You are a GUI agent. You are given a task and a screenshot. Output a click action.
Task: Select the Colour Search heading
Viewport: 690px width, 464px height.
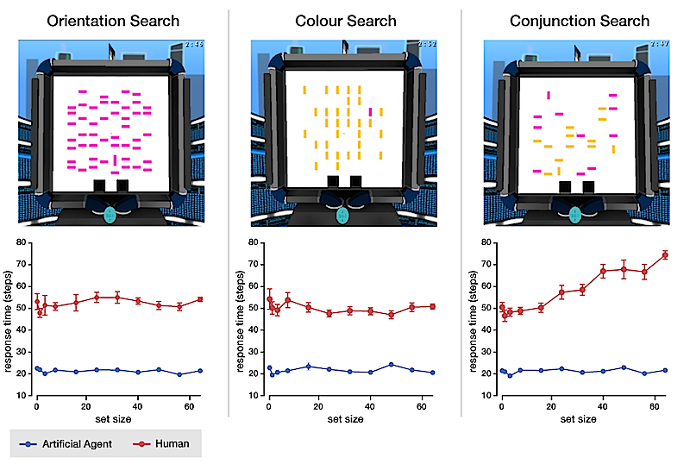345,20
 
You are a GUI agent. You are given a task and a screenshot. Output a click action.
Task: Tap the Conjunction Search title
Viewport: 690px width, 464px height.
579,20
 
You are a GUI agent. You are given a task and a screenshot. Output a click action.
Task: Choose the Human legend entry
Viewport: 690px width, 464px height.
164,443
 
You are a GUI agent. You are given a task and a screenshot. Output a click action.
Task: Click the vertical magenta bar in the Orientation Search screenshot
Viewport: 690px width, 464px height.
115,160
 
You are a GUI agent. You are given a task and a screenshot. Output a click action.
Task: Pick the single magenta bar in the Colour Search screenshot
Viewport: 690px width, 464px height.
371,111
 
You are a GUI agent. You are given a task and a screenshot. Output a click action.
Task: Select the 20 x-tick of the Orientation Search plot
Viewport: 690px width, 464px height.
86,406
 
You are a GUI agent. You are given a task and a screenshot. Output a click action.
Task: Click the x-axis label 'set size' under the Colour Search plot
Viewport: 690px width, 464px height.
345,418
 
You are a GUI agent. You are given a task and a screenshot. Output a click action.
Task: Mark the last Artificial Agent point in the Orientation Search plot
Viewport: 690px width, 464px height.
200,371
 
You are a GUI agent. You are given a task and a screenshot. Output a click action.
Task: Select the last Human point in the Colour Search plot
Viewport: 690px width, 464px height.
433,306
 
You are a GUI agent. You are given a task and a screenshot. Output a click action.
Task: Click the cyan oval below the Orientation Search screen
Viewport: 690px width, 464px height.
111,213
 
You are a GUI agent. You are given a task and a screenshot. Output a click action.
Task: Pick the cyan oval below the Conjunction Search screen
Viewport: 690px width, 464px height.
577,213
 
